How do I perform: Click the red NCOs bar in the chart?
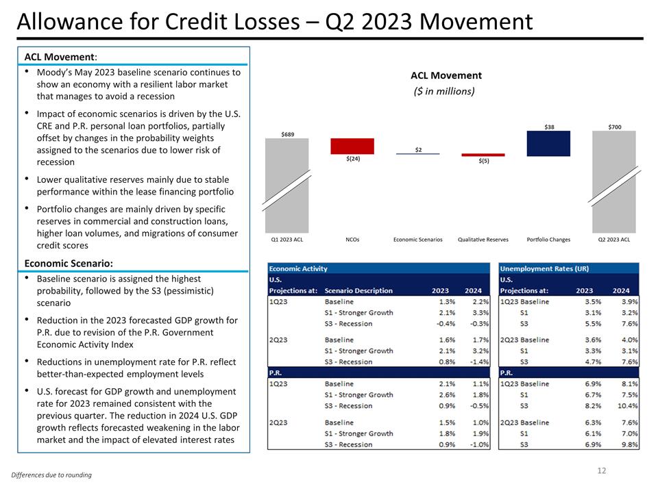pos(352,146)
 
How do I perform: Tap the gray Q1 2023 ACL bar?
pos(287,185)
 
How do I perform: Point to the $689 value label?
pos(288,134)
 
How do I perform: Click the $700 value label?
pos(615,127)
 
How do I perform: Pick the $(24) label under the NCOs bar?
pos(352,160)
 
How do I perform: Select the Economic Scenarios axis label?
pos(417,240)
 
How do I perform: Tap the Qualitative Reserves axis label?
pos(483,240)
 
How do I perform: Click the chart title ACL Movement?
pos(446,75)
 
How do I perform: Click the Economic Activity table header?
pos(298,268)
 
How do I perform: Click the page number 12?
pos(601,470)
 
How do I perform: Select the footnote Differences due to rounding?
pos(51,475)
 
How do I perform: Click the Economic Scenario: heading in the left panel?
pos(69,263)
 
